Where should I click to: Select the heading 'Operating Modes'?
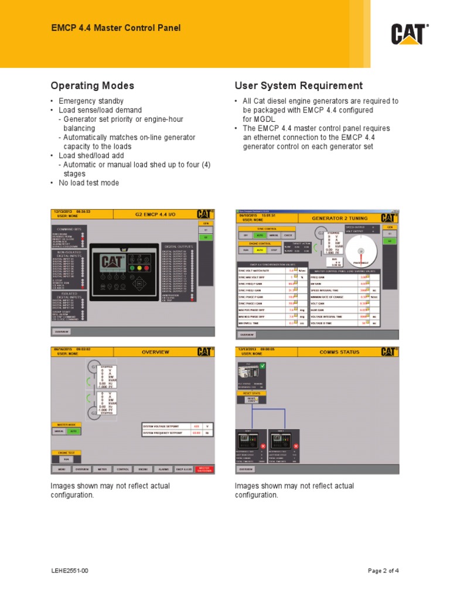point(93,86)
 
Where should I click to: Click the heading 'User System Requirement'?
point(298,86)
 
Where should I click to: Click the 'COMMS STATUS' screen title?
point(335,352)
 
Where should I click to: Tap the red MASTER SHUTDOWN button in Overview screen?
point(204,469)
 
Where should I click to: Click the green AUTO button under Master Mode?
point(74,431)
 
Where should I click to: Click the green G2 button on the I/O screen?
point(206,237)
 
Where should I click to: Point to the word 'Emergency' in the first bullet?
point(75,101)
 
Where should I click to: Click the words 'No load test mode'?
point(88,183)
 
